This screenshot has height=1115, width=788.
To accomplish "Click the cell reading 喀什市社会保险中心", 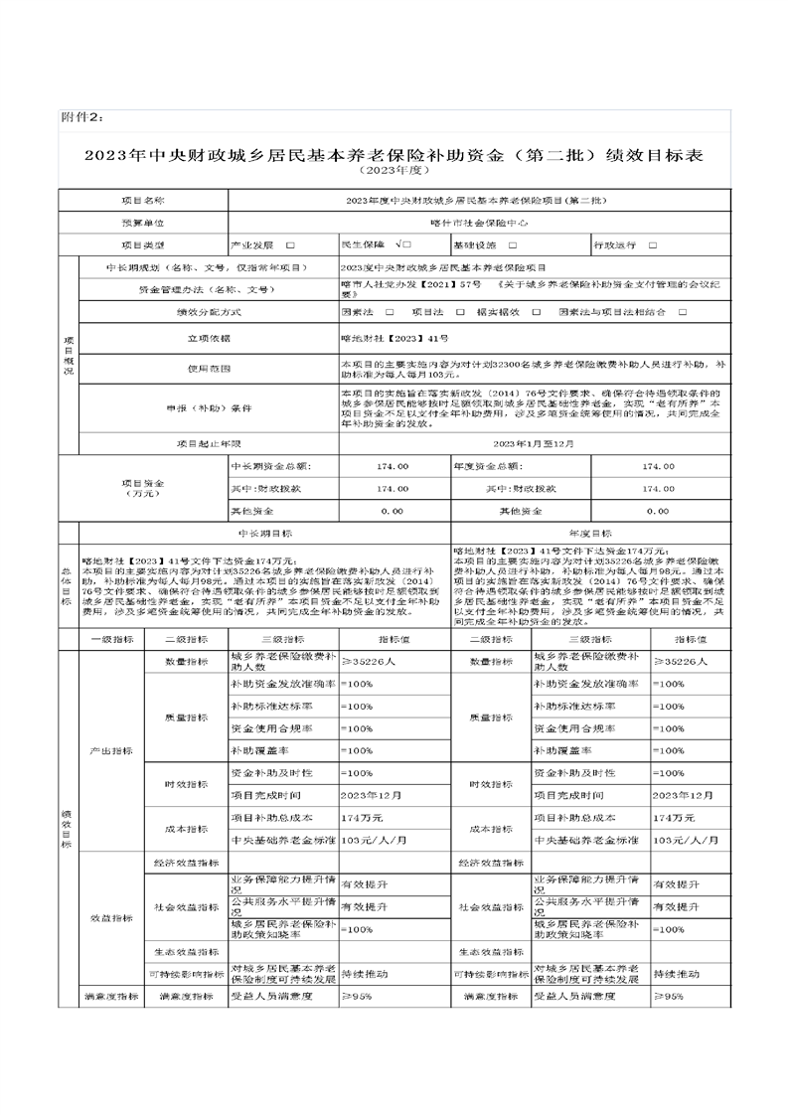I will click(479, 223).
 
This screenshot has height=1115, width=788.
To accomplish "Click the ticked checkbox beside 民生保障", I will click(401, 244).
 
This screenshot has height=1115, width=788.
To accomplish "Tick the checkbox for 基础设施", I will click(512, 244).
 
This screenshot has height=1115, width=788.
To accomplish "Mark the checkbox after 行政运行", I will click(653, 244).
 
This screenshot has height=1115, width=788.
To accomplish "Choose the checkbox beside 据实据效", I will click(536, 312).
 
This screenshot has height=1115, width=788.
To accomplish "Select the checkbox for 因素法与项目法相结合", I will click(683, 312).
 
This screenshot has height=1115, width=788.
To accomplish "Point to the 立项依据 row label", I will click(209, 338).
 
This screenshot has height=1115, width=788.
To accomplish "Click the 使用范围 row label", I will click(209, 368).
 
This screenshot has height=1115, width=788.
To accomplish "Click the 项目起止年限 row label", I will click(209, 443).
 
